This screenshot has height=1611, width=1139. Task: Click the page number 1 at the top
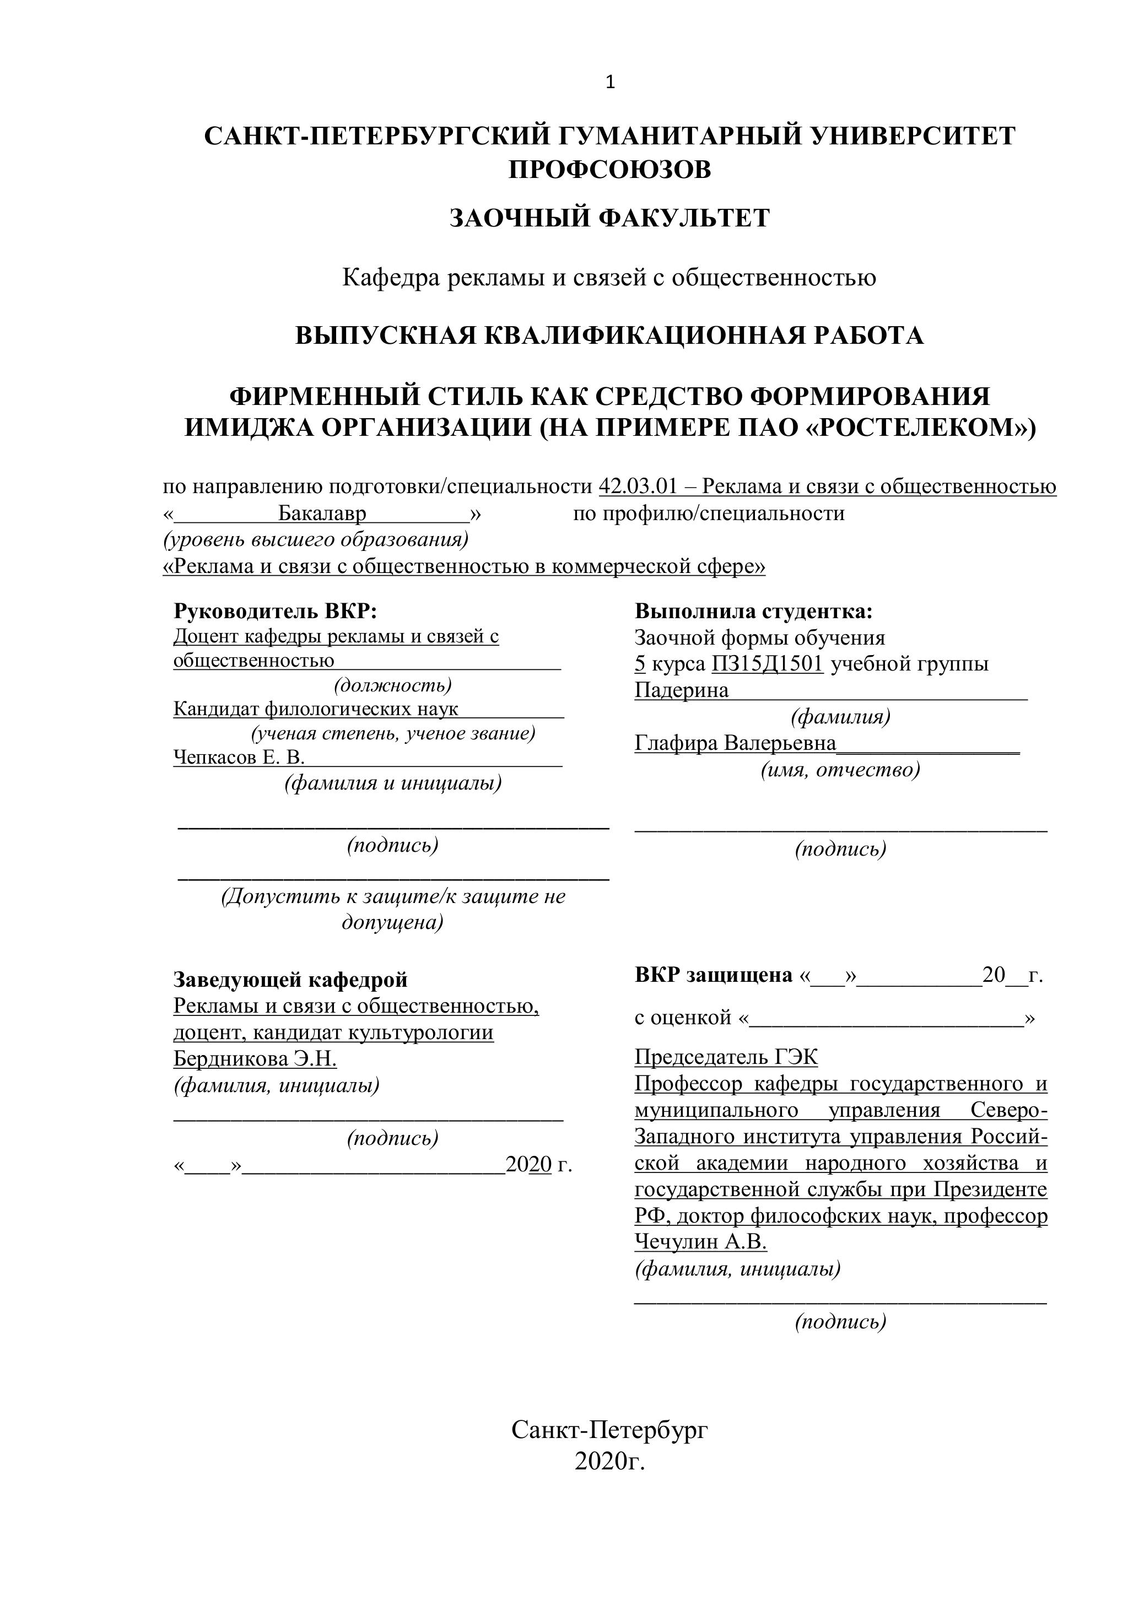[x=610, y=83]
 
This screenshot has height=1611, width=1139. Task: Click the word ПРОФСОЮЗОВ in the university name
[x=609, y=169]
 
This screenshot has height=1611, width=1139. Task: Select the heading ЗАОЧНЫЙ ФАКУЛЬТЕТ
[x=609, y=218]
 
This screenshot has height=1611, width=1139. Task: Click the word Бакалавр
[x=322, y=513]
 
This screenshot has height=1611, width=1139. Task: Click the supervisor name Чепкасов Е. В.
[x=239, y=757]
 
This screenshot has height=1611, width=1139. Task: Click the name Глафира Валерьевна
[x=735, y=743]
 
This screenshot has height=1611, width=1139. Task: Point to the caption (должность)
[x=392, y=684]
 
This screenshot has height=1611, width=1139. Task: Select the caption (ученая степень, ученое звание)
[x=393, y=733]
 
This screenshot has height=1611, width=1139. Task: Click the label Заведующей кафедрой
[x=290, y=979]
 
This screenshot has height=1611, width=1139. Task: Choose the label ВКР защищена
[x=713, y=975]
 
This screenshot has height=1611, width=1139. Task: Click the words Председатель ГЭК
[x=726, y=1057]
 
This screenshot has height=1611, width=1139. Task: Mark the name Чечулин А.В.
[x=700, y=1242]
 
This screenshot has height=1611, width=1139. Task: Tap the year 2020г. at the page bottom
[x=609, y=1462]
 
